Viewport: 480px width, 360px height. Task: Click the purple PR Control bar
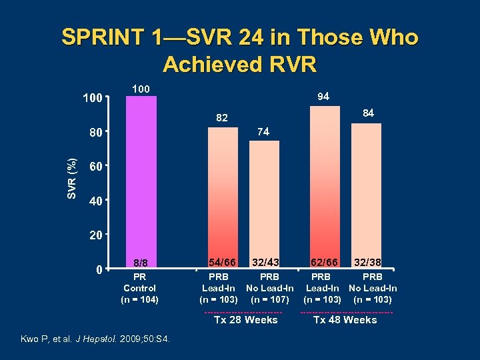tap(141, 180)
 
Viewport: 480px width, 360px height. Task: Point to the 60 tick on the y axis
tap(96, 166)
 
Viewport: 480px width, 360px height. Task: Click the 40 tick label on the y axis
tap(96, 201)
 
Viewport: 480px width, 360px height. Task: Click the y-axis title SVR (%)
tap(72, 178)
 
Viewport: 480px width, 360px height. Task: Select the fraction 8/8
tap(140, 263)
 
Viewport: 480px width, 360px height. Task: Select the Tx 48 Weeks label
tap(345, 320)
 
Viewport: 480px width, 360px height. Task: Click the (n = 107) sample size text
tap(269, 299)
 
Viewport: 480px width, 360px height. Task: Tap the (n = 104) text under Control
tap(140, 299)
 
